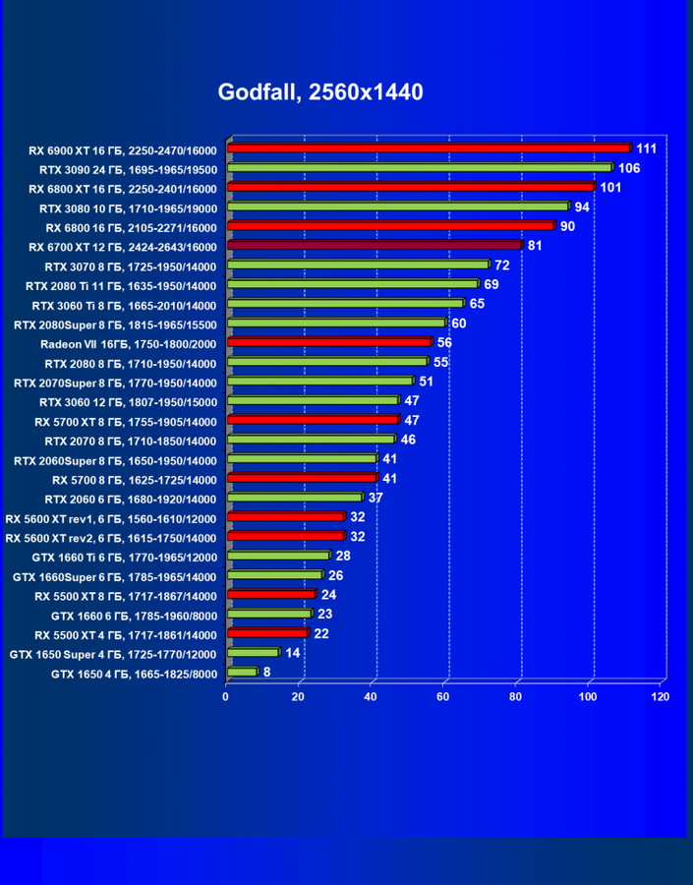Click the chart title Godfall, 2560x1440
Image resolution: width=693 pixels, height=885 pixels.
[320, 92]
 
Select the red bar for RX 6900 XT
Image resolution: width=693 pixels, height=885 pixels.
[428, 148]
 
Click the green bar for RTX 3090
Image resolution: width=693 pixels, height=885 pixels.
[420, 168]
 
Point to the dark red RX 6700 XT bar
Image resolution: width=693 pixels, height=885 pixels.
[374, 245]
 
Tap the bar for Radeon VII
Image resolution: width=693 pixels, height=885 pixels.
[328, 342]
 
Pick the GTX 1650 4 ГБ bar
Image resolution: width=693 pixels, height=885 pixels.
[242, 673]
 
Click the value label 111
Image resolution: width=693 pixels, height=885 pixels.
[646, 148]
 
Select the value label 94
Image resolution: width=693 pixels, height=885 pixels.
[582, 206]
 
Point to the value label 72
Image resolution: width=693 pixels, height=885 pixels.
[501, 265]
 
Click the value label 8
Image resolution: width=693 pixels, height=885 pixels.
[266, 673]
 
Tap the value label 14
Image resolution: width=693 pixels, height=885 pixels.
[292, 653]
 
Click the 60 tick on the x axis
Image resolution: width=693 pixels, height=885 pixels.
[443, 696]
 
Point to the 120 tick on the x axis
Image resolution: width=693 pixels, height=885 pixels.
[661, 696]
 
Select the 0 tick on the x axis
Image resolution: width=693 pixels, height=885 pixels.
[226, 696]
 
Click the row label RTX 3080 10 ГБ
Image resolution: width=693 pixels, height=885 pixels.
[128, 207]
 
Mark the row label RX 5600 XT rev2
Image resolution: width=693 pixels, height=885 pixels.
[111, 537]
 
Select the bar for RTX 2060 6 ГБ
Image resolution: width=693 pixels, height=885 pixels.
[295, 498]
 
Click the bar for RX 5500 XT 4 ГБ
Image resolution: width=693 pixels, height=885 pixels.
[267, 633]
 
